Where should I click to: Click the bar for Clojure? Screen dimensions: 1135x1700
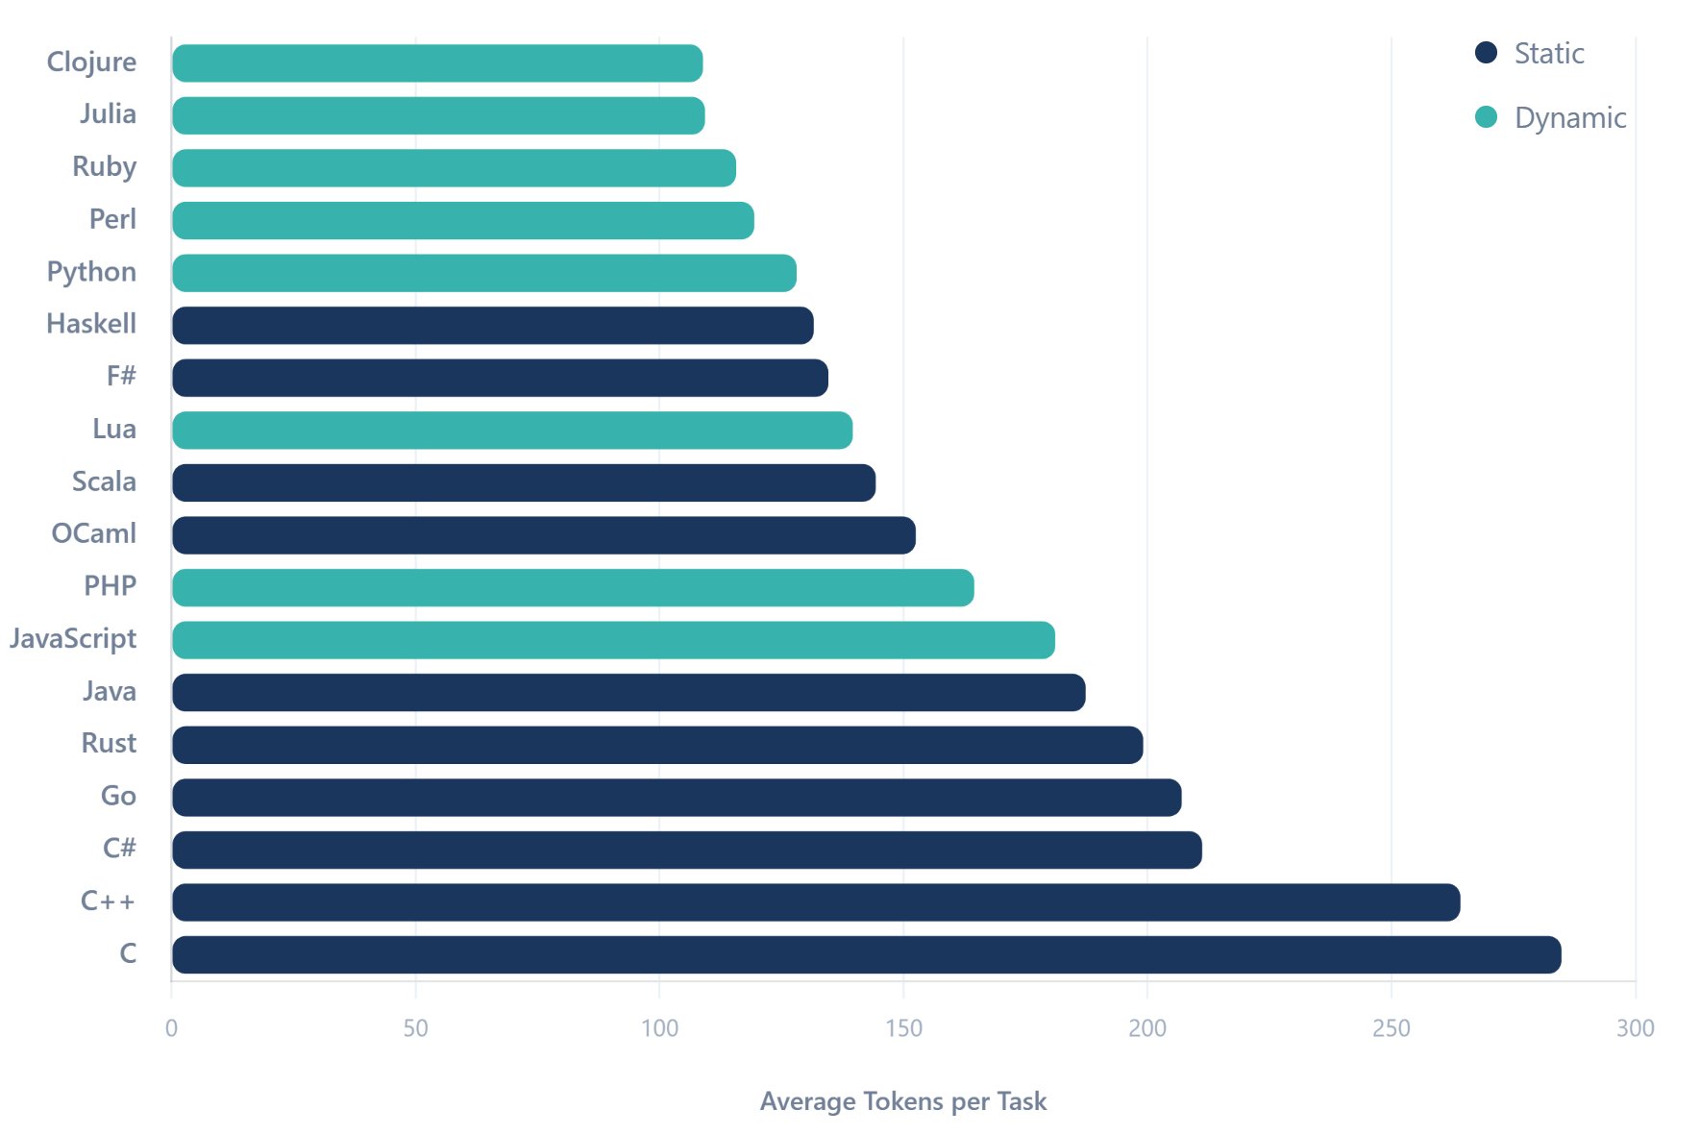437,63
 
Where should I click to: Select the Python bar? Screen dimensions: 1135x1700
483,273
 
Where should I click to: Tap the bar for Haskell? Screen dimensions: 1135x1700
492,326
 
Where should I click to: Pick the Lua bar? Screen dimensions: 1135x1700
511,431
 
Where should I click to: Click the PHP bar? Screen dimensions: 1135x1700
573,587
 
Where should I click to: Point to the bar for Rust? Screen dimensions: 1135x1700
657,745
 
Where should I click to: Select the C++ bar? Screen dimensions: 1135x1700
816,902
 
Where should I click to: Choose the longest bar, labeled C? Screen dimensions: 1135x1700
866,954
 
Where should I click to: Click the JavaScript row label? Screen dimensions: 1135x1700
73,639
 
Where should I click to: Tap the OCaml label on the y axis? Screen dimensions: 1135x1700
93,533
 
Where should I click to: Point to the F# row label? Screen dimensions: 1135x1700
121,376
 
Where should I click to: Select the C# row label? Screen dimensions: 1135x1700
119,849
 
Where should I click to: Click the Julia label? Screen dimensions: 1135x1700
108,114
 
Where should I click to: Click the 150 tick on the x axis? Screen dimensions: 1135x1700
903,1028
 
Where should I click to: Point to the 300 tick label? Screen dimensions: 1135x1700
1635,1028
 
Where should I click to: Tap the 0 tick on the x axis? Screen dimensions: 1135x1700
171,1028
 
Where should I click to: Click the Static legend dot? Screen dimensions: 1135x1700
1486,53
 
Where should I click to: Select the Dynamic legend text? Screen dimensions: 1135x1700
1569,118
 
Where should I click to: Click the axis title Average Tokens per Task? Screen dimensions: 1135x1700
902,1101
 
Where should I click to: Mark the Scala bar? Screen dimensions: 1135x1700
524,482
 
